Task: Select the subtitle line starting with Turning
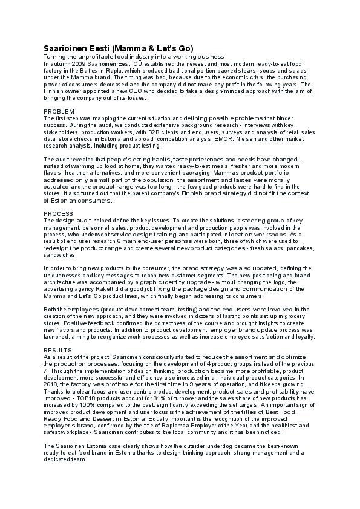pyautogui.click(x=133, y=56)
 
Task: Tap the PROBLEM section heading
pyautogui.click(x=59, y=112)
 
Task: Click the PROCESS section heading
pyautogui.click(x=59, y=213)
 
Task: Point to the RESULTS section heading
pyautogui.click(x=59, y=350)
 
